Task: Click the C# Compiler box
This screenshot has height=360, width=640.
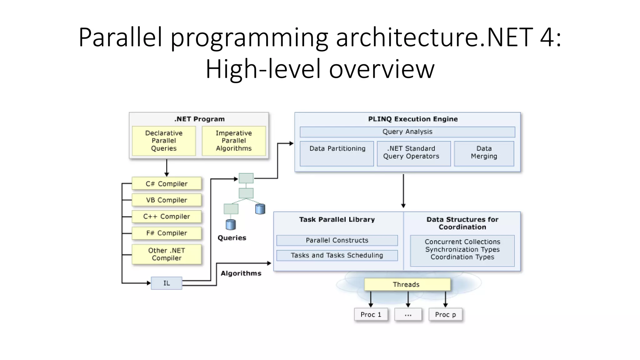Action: (167, 184)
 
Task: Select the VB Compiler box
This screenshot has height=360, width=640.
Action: (167, 200)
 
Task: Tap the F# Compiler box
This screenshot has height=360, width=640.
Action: (167, 233)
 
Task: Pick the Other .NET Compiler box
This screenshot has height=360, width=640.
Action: (167, 254)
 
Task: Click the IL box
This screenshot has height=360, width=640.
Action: (167, 283)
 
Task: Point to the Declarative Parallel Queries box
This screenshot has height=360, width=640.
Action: (164, 141)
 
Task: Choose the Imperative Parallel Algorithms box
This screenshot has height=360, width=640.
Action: (234, 141)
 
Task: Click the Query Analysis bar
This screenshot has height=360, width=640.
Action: (407, 132)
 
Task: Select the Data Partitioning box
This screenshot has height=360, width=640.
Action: (337, 153)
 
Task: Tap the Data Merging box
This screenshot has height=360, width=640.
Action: (484, 153)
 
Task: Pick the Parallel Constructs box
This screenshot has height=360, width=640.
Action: (337, 240)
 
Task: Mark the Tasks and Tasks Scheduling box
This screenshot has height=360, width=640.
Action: (337, 255)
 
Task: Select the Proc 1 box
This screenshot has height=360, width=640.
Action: (371, 315)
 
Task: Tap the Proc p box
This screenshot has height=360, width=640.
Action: (445, 315)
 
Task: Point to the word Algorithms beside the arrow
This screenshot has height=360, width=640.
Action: (241, 273)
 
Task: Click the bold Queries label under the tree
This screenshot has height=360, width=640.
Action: (232, 238)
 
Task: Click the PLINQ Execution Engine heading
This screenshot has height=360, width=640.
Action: (413, 119)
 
